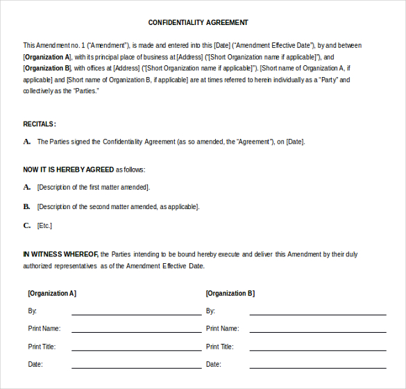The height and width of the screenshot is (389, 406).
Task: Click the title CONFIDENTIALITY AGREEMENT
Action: [198, 22]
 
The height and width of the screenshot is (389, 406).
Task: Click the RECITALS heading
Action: [39, 124]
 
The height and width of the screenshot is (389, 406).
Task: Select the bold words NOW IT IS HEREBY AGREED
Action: [68, 169]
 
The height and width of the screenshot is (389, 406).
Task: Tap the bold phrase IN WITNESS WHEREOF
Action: [60, 254]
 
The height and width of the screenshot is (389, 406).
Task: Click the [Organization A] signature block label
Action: [52, 293]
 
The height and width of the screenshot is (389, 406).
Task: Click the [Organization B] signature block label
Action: [230, 293]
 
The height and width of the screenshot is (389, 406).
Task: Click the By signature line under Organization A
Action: [136, 313]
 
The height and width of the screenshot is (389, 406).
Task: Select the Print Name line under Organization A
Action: [136, 331]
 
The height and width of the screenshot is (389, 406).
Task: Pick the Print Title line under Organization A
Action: [136, 349]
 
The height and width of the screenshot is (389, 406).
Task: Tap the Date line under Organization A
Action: [136, 366]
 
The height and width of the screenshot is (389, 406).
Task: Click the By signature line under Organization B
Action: [317, 313]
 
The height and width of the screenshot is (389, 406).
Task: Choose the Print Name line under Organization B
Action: [317, 331]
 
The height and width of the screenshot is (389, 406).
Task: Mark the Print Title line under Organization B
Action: [317, 349]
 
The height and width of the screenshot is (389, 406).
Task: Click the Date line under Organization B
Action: [317, 366]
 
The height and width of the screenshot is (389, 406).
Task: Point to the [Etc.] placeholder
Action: [44, 226]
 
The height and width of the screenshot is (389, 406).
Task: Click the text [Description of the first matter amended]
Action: [94, 188]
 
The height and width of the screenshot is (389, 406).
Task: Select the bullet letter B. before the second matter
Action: [27, 206]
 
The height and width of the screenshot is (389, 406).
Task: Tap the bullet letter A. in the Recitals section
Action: [27, 141]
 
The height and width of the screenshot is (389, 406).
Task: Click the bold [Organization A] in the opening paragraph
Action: [47, 57]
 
